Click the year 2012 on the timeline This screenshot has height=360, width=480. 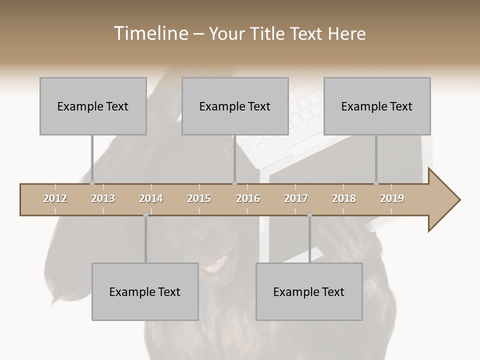pos(55,198)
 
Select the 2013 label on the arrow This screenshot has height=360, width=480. pos(103,198)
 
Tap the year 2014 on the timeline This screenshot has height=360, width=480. pos(151,198)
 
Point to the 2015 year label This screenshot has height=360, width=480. pos(199,198)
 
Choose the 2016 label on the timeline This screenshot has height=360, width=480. pos(248,198)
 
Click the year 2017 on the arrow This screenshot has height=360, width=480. pos(296,198)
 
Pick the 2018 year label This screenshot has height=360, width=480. pos(344,198)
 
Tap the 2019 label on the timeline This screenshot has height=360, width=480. pos(392,198)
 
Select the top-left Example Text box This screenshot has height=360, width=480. pos(93,106)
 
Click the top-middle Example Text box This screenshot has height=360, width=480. pos(235,106)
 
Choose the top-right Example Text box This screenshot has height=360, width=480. pos(377,106)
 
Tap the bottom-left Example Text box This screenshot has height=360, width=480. pos(145,291)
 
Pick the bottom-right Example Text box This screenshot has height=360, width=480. pos(309,291)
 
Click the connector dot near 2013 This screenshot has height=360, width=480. pos(92,183)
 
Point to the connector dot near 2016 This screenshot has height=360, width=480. pos(235,183)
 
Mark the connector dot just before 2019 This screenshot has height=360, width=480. pos(376,183)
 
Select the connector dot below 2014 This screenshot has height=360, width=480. pos(145,215)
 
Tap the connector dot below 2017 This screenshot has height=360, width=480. pos(309,215)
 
